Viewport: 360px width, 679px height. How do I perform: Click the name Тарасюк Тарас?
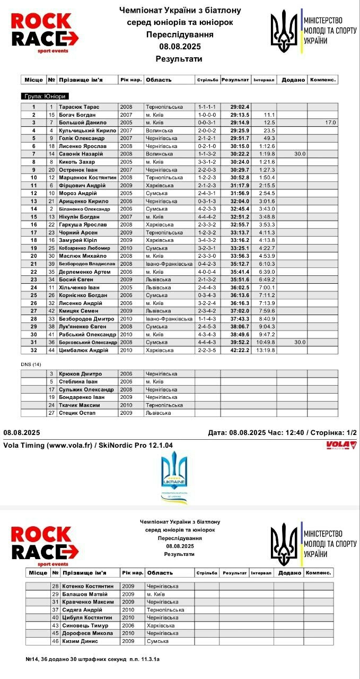coord(79,107)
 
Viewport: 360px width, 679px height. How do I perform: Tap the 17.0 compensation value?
coord(330,123)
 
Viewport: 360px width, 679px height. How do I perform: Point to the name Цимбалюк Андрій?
coord(84,350)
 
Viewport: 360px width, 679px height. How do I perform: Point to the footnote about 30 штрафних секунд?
coord(92,659)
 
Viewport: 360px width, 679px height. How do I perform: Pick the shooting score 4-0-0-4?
coord(207,272)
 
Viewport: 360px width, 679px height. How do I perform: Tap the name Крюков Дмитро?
coord(80,374)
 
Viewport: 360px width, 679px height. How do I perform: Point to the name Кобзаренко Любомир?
coord(85,248)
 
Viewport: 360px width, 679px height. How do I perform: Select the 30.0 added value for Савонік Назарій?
coord(300,154)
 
